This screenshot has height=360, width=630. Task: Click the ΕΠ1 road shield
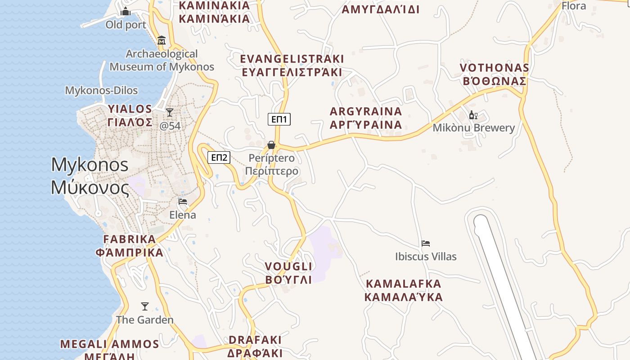(x=279, y=119)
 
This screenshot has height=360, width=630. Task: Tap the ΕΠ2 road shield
(x=219, y=157)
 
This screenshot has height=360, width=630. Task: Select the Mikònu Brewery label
(x=473, y=128)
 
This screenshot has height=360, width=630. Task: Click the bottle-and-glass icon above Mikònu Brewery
(x=473, y=115)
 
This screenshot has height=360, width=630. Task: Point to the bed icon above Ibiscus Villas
(x=426, y=243)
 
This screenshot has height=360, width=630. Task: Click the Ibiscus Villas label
(x=426, y=256)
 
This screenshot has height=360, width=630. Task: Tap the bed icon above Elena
(x=183, y=202)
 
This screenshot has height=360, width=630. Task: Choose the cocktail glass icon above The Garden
(x=144, y=306)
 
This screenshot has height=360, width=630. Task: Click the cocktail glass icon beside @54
(x=170, y=112)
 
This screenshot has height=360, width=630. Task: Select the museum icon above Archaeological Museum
(x=162, y=40)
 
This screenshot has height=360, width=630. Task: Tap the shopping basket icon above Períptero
(x=271, y=145)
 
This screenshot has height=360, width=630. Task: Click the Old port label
(x=126, y=25)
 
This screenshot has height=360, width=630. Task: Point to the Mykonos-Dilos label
(x=101, y=90)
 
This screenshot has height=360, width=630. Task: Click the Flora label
(x=574, y=6)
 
